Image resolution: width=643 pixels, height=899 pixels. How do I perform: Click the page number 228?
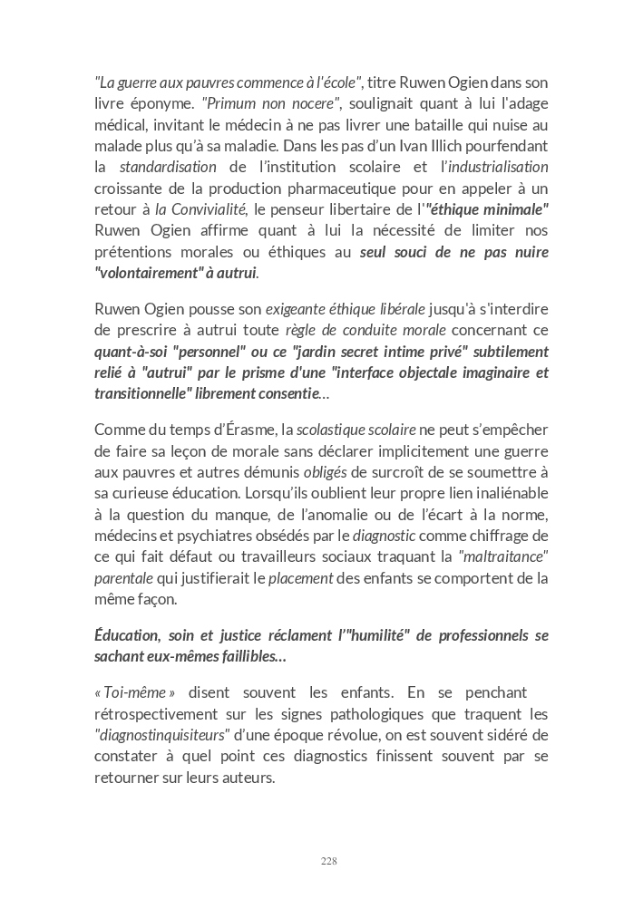pos(329,861)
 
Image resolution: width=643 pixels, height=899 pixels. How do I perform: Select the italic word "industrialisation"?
pos(495,167)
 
